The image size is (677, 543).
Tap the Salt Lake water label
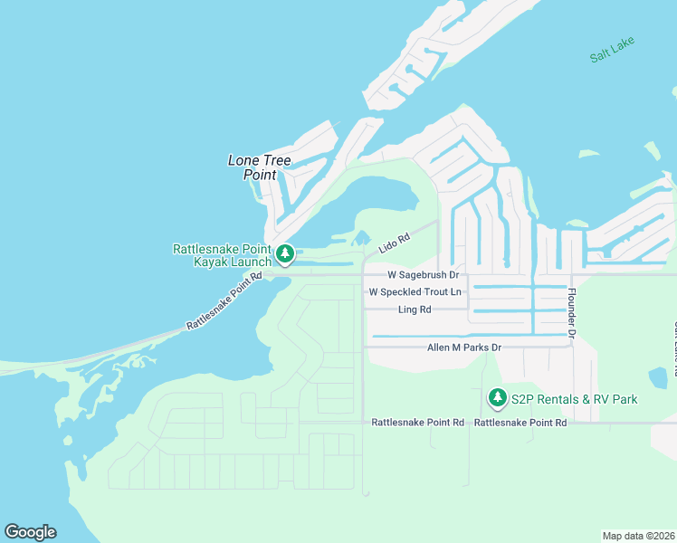pyautogui.click(x=613, y=50)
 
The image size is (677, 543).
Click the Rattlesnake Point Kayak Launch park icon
pyautogui.click(x=285, y=253)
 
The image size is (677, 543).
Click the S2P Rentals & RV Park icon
pyautogui.click(x=497, y=397)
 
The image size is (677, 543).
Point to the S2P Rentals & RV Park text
pyautogui.click(x=574, y=398)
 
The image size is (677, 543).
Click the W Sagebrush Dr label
pyautogui.click(x=424, y=274)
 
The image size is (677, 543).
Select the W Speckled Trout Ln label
pyautogui.click(x=415, y=291)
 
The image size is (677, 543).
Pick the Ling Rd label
pyautogui.click(x=415, y=310)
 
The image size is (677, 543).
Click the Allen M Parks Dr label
pyautogui.click(x=464, y=348)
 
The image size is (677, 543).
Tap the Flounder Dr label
pyautogui.click(x=571, y=313)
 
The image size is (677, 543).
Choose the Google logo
pyautogui.click(x=30, y=532)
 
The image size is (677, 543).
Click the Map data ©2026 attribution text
pyautogui.click(x=638, y=535)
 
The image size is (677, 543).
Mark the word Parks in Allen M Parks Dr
pyautogui.click(x=472, y=348)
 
